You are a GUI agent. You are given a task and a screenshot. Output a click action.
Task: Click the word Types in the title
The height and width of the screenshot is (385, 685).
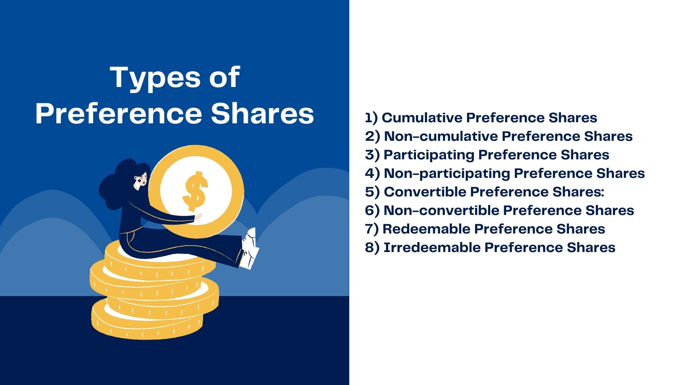(155, 77)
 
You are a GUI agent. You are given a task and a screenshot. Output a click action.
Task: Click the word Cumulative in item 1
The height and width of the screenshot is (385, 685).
(422, 118)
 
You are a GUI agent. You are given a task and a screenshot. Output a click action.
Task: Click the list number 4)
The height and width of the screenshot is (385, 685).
(372, 173)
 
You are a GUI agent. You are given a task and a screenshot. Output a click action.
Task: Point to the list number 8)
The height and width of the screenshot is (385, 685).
(372, 247)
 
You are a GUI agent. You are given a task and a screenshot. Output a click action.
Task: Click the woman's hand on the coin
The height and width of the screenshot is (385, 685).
(197, 216)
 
